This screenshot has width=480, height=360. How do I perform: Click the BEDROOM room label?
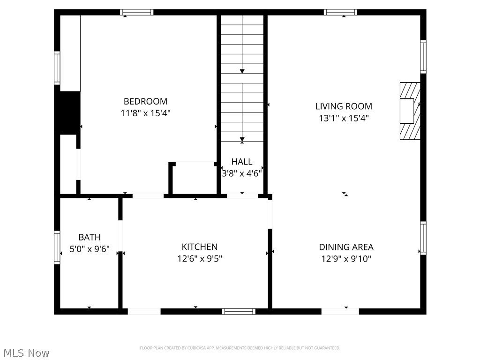point(145,101)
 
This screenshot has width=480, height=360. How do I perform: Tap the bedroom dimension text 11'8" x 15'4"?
point(145,113)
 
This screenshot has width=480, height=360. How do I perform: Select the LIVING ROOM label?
point(344,106)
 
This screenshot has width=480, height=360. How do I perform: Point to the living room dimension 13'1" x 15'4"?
point(344,118)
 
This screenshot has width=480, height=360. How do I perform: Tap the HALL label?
point(242,162)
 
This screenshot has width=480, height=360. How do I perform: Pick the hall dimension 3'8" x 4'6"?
point(242,173)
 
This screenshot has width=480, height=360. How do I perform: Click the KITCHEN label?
point(200,247)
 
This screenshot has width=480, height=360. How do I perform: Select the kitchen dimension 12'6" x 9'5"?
point(200,258)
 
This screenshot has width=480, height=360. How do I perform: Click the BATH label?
point(90,238)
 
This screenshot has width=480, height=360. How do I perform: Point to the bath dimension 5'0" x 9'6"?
point(90,249)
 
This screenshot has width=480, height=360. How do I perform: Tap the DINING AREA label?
point(346,247)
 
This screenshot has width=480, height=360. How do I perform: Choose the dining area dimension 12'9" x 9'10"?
point(346,259)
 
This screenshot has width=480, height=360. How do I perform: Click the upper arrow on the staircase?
point(242,71)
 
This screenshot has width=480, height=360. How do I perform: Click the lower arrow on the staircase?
point(242,139)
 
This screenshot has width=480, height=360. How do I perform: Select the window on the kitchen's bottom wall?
point(239,311)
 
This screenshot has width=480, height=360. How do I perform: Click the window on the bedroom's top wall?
point(136,12)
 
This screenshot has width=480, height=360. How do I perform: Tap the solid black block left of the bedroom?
point(68,113)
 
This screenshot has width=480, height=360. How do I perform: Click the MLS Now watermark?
point(26,352)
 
